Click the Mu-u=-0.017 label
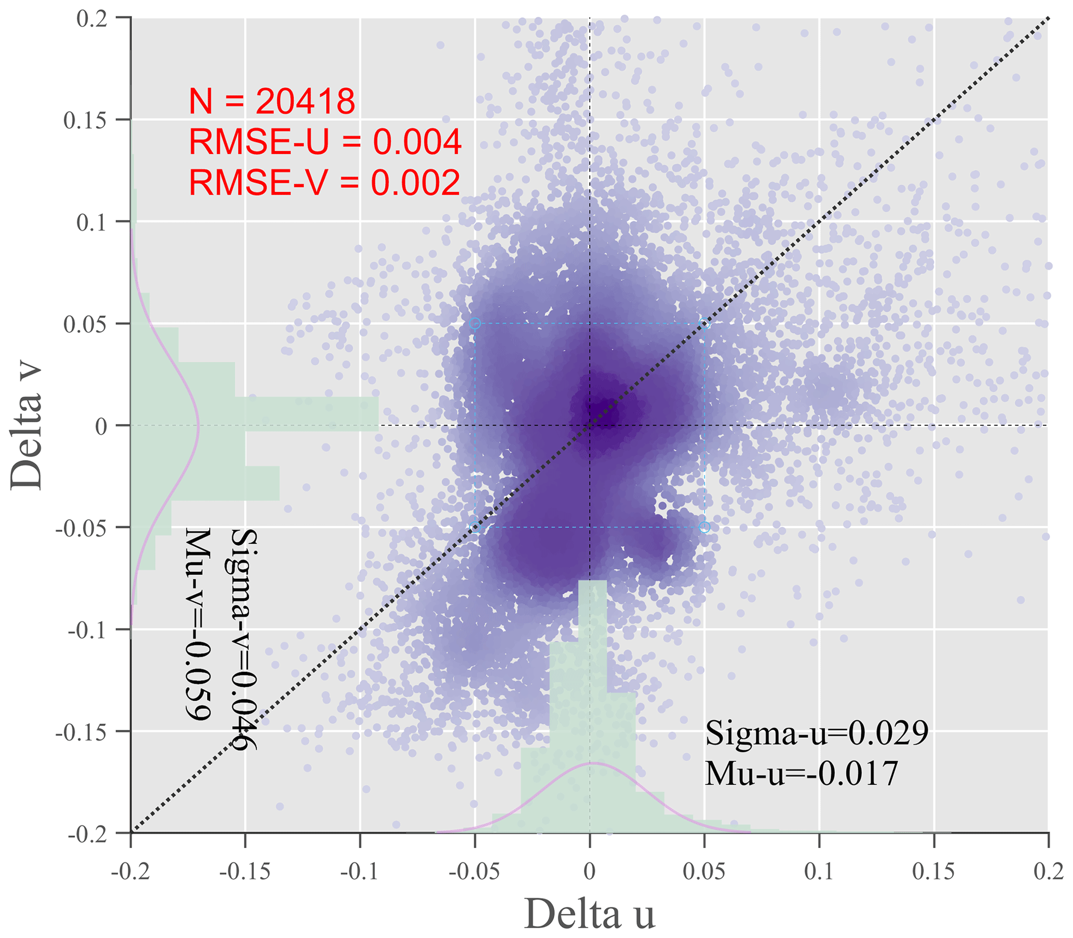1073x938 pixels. pos(800,773)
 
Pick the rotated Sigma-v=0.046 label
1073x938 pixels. pos(244,640)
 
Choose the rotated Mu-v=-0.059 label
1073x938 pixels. pos(198,625)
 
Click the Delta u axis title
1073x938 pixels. pos(589,914)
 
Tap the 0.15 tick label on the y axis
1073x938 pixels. pos(85,121)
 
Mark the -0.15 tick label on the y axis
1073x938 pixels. pos(81,732)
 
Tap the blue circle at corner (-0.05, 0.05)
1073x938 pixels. pos(475,324)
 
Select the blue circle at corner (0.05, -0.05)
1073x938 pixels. pos(705,527)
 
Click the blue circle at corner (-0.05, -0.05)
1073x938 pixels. pos(475,527)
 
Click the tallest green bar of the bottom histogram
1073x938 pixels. pos(592,707)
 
